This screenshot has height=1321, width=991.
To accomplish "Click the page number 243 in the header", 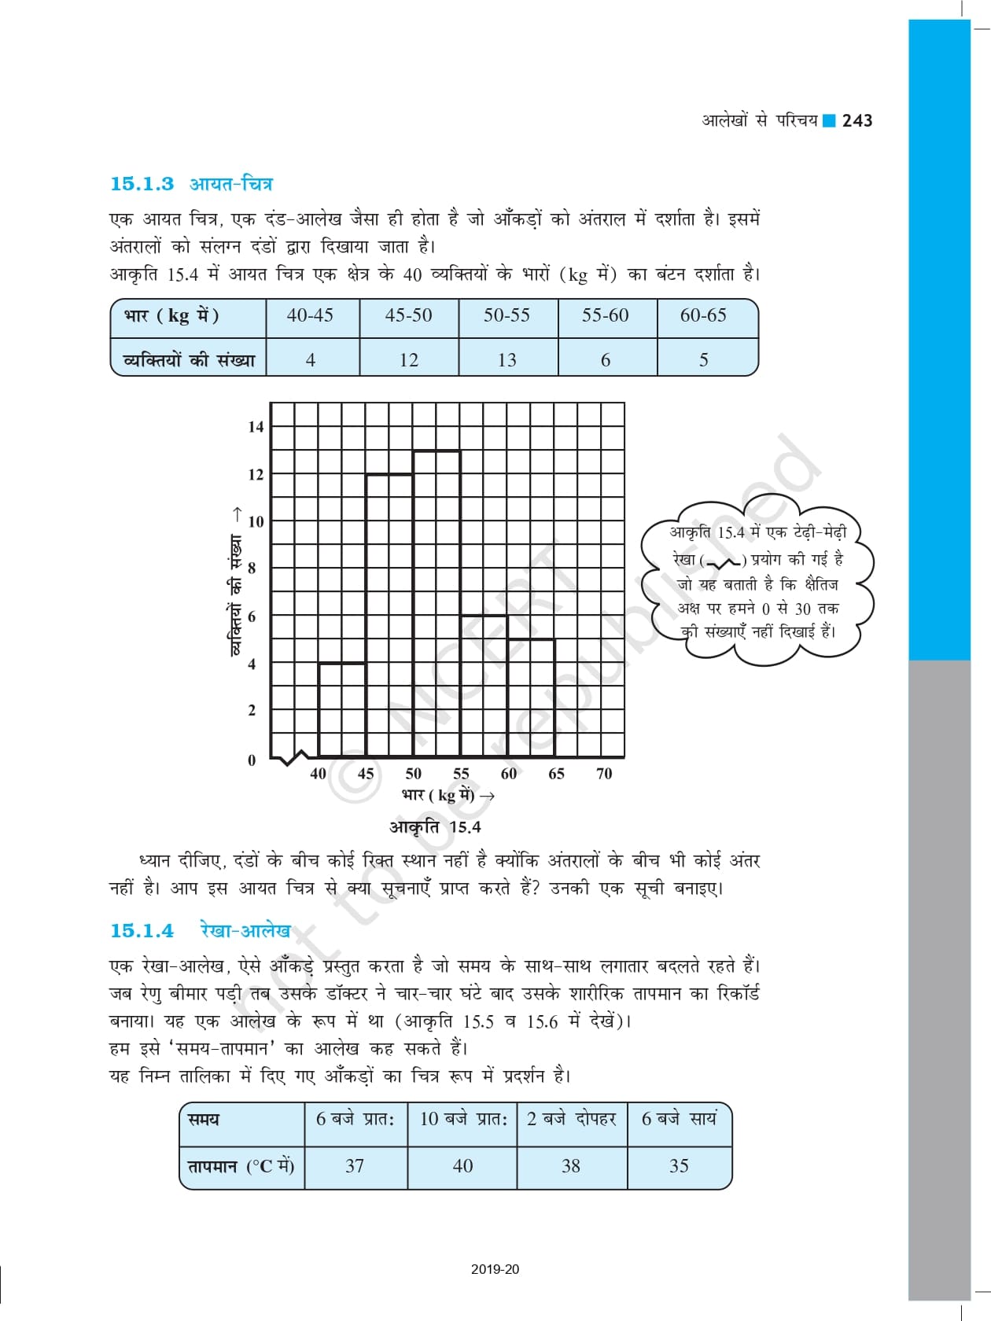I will pos(857,120).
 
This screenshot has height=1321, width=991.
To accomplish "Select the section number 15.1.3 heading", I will pos(142,184).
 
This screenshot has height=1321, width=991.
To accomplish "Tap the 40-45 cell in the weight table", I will pos(310,315).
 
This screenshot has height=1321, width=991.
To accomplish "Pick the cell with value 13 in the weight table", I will pos(507,360).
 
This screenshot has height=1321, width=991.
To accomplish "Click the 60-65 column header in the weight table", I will pos(703,315).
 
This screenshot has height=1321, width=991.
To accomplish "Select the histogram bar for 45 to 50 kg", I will pos(389,613).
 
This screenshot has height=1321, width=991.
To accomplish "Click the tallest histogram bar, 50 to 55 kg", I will pos(437,605).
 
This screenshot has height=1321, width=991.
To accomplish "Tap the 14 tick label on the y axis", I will pos(256,427).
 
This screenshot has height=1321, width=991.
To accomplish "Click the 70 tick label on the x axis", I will pos(604,774).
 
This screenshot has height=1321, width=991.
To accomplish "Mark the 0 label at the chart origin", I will pos(252,760).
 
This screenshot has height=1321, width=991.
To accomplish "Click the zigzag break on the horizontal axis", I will pos(295,758).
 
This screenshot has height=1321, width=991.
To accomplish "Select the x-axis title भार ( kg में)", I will pos(447,795).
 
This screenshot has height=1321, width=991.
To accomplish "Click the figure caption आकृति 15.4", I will pos(435,827).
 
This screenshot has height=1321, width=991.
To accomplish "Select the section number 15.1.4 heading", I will pos(142,931).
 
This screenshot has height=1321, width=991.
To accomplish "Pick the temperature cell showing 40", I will pos(462,1166).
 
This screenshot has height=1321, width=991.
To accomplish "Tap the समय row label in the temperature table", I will pos(204,1120).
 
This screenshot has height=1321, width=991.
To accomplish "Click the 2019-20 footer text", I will pos(495,1269).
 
